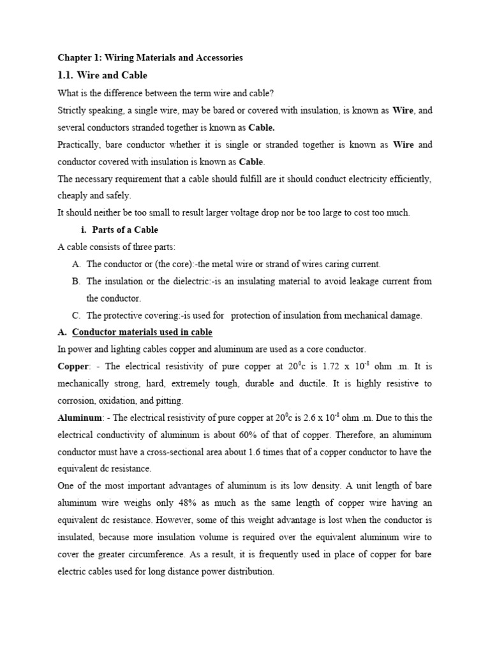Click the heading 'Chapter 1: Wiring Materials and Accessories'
[150, 58]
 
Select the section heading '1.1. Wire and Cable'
[102, 75]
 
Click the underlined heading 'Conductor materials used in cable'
[142, 332]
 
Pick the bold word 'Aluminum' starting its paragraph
[80, 418]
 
